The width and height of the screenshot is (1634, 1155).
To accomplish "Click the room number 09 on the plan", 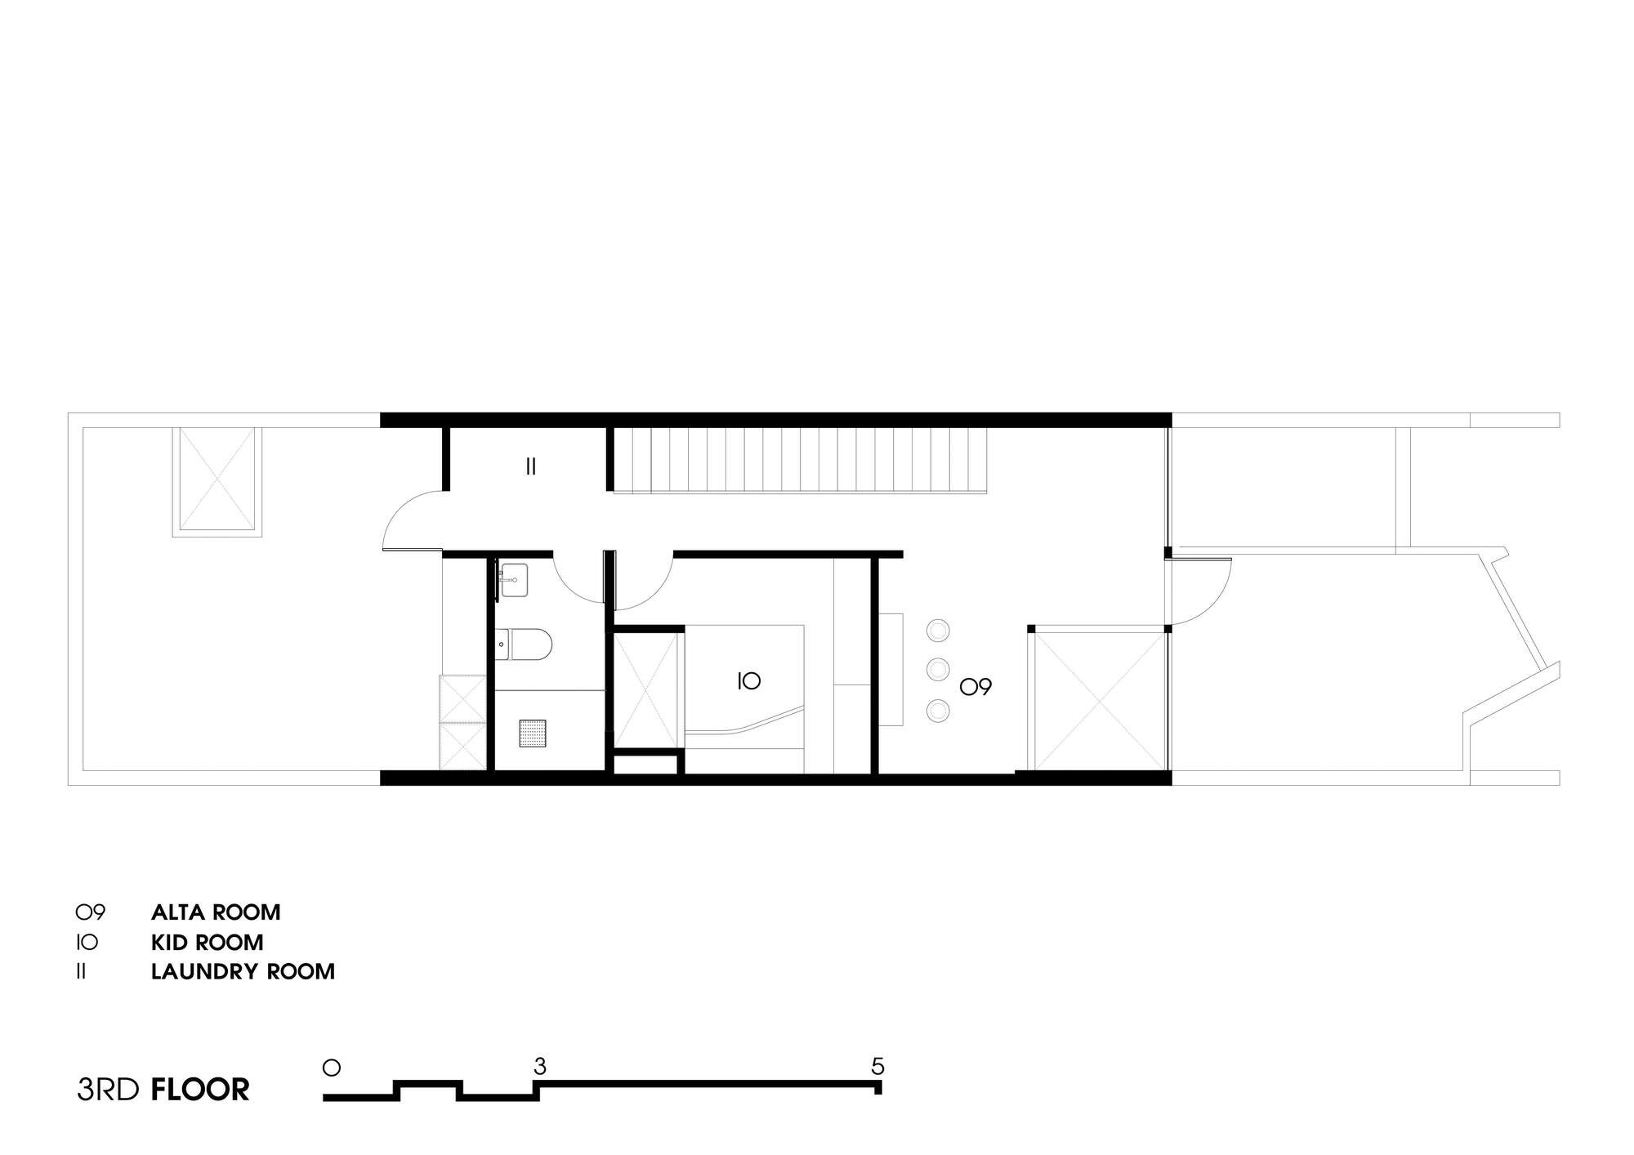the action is click(x=975, y=687).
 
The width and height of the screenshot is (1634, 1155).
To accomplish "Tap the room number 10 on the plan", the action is click(x=749, y=680).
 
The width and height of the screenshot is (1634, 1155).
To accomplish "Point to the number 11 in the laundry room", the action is click(x=530, y=467).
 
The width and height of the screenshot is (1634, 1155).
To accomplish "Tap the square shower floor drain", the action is click(x=532, y=733).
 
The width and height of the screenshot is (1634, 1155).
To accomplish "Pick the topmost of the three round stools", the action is click(x=938, y=631).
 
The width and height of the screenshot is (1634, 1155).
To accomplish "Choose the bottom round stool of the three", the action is click(x=938, y=711).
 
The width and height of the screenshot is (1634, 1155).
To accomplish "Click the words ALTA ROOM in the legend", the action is click(x=216, y=912).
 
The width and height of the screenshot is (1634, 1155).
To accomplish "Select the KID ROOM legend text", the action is click(x=208, y=942).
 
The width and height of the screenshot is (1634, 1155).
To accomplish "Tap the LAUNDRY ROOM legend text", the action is click(x=243, y=971).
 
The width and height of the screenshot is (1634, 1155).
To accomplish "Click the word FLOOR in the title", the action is click(x=200, y=1090).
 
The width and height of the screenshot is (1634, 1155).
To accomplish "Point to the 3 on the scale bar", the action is click(x=539, y=1066).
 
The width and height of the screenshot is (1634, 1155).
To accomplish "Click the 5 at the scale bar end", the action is click(x=877, y=1066).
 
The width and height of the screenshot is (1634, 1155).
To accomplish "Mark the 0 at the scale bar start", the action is click(x=331, y=1067).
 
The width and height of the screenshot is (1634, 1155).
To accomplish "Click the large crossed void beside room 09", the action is click(x=1100, y=699).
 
